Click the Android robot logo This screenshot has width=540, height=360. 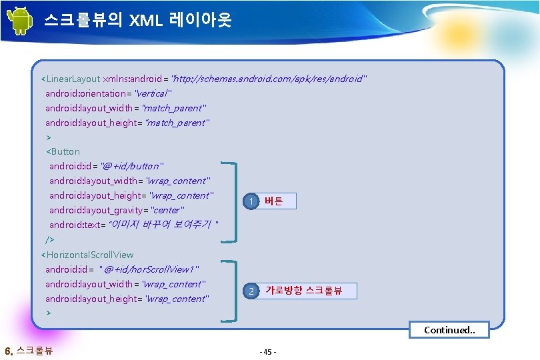point(19,21)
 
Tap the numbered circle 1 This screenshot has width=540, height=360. point(250,201)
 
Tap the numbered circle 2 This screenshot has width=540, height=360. point(250,291)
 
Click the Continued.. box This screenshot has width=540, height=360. point(449,330)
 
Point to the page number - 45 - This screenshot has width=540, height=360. point(269,351)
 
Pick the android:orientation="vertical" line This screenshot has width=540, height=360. point(108,93)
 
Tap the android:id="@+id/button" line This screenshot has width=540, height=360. point(107,166)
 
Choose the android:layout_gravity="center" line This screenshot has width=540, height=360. point(116,210)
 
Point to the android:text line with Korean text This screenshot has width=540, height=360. point(133,225)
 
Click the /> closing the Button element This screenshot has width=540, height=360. point(49,239)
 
